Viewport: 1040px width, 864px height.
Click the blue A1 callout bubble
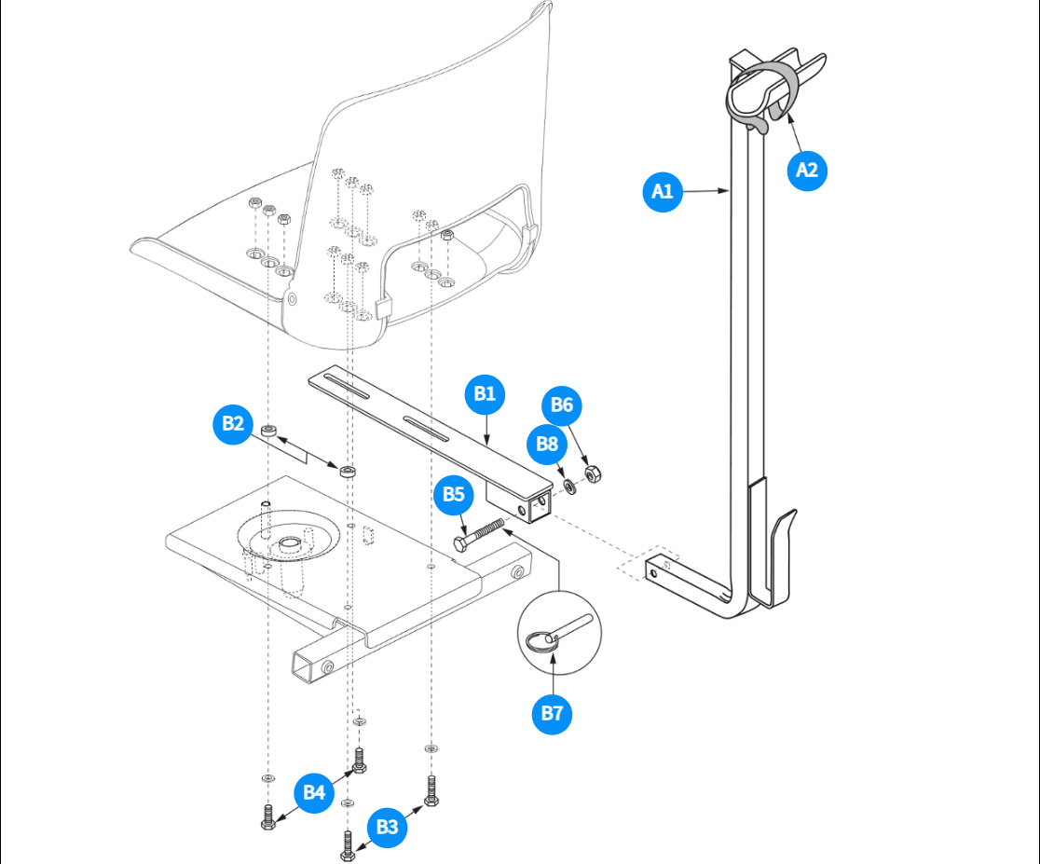click(663, 192)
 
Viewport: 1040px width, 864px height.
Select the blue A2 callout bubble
click(807, 171)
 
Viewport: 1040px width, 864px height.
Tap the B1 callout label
click(485, 394)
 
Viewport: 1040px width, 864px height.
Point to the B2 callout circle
click(233, 424)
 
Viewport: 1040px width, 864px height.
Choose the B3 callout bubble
click(387, 827)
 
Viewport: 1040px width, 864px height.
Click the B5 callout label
click(454, 494)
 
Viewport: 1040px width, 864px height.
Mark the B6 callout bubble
click(563, 405)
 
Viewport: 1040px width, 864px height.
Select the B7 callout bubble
click(553, 714)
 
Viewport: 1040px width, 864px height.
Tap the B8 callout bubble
click(547, 445)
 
